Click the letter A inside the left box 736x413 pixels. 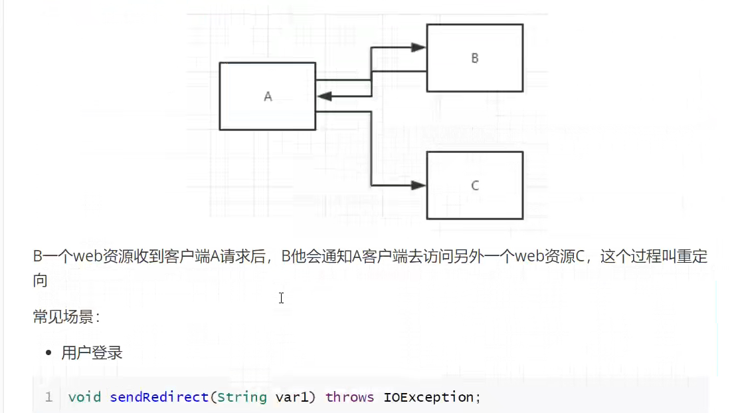(268, 96)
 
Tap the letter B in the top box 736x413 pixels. (474, 58)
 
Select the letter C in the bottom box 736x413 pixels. (474, 186)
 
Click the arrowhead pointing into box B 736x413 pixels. (418, 48)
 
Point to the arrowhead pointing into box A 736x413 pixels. (325, 96)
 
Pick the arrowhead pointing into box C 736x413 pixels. (418, 186)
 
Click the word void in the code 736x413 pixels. (84, 397)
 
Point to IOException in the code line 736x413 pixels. (429, 397)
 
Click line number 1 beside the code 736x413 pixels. (48, 397)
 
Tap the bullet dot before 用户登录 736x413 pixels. (48, 353)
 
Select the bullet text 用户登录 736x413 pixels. (92, 353)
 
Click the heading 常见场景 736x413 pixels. (65, 317)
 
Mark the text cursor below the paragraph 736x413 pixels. (282, 299)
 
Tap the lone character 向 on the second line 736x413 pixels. (41, 281)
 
